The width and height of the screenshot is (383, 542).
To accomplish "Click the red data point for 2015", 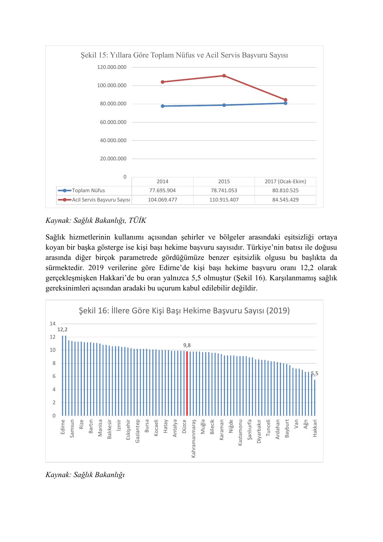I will click(224, 76).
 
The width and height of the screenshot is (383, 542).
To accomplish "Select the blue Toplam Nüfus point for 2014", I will click(163, 106).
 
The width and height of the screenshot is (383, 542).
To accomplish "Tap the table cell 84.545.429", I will click(285, 200).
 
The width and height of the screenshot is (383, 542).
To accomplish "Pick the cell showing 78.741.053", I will click(224, 191).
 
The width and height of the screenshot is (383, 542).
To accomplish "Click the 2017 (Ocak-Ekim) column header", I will click(285, 181).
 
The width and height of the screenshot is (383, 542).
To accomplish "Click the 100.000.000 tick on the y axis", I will click(112, 85).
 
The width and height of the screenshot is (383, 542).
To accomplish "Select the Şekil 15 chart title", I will click(184, 55).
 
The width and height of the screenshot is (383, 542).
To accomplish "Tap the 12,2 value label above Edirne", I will click(63, 330).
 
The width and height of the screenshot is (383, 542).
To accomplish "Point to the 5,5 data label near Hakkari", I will click(314, 374).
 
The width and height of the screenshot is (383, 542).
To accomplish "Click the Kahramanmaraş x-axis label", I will click(194, 438).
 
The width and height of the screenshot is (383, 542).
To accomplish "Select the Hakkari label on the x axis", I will click(315, 428).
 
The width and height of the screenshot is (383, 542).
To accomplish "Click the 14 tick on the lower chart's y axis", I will click(53, 324).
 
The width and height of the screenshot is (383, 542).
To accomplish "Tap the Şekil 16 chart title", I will click(184, 311).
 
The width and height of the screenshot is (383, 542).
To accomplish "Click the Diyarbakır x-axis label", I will click(259, 431).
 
